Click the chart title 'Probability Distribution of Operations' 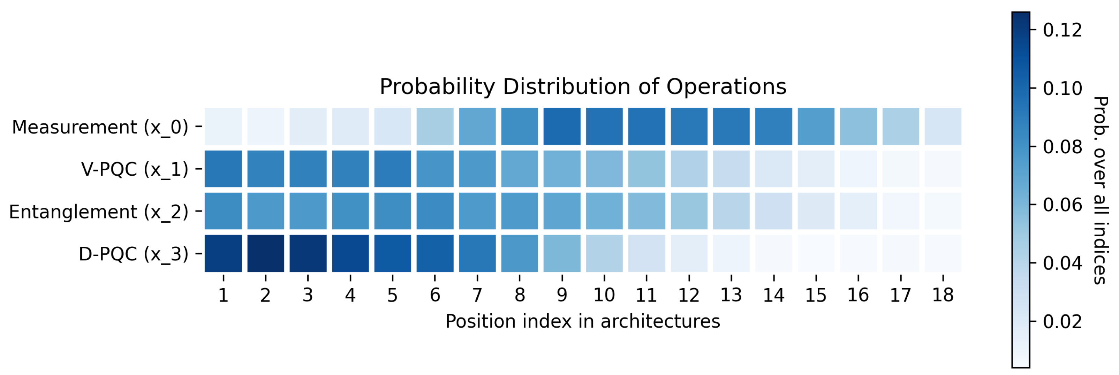[x=583, y=87]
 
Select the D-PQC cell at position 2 [x=265, y=253]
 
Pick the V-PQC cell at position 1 [x=223, y=169]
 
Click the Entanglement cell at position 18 [x=943, y=211]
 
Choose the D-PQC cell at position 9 [x=562, y=253]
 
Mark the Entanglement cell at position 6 [x=435, y=211]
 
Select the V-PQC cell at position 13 [x=731, y=169]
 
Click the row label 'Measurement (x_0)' [x=100, y=127]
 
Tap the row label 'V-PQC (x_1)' [x=135, y=169]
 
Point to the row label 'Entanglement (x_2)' [x=99, y=212]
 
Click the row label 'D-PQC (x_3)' [x=133, y=254]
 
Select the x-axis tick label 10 [x=604, y=295]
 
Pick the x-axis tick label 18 [x=943, y=295]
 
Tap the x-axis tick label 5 [x=392, y=295]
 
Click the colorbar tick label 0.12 [x=1062, y=30]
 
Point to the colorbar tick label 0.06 [x=1062, y=205]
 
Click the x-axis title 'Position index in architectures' [x=583, y=322]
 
